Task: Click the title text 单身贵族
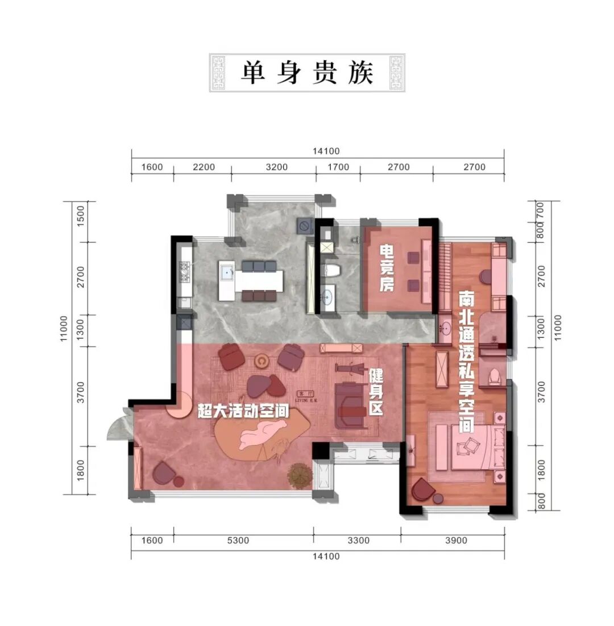coord(307,73)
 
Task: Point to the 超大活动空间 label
coord(242,411)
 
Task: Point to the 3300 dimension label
coord(358,540)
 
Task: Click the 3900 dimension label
coord(453,540)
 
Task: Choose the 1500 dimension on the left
coord(81,217)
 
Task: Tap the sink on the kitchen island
coord(227,272)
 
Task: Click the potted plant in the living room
coord(299,475)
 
